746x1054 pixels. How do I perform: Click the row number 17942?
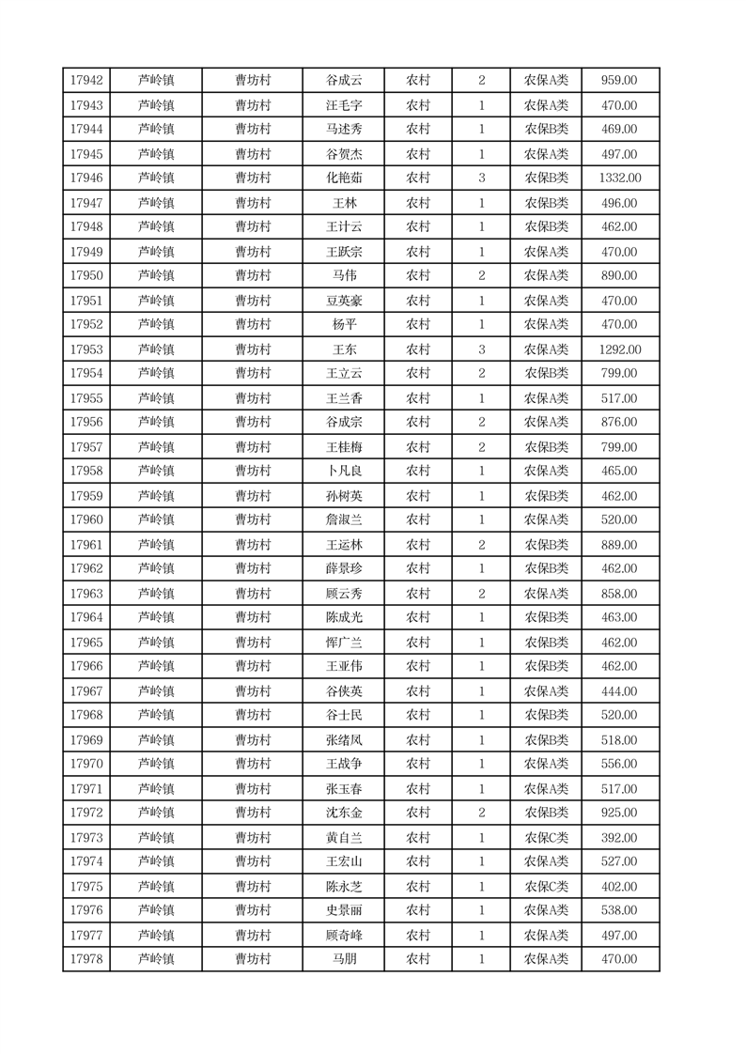click(86, 81)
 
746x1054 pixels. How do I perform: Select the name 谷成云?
click(344, 81)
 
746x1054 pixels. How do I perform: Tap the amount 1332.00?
click(620, 178)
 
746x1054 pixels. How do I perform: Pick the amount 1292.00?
click(620, 349)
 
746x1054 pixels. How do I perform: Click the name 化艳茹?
click(344, 178)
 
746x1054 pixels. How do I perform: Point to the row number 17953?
click(86, 349)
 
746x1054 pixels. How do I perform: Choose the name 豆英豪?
click(344, 301)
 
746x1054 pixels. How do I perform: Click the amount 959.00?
click(620, 81)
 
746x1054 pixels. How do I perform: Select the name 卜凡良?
click(344, 471)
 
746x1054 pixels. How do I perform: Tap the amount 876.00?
click(620, 422)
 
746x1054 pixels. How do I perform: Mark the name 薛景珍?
click(344, 568)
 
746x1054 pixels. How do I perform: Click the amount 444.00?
click(620, 691)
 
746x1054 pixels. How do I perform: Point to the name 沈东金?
click(344, 813)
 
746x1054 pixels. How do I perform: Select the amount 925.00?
click(620, 813)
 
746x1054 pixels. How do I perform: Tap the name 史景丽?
click(344, 910)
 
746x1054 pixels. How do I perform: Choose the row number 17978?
click(86, 959)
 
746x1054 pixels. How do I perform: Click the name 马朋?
click(344, 959)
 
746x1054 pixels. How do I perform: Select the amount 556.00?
click(620, 764)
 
